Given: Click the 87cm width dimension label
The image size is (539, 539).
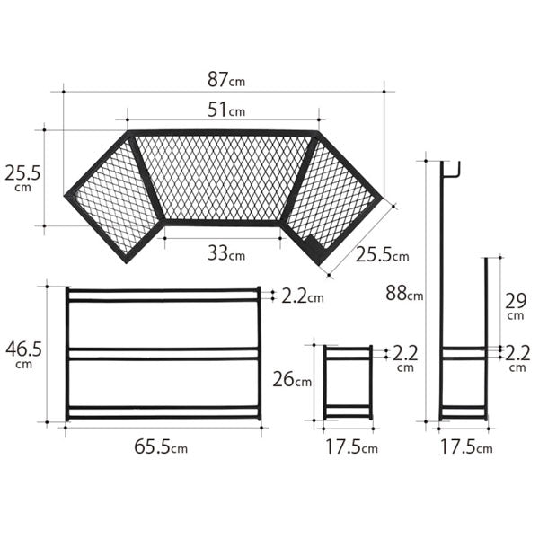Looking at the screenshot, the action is point(226,80).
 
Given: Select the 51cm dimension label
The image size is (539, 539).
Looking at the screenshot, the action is point(226,110).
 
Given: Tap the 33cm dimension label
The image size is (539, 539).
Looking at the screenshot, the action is point(226,254).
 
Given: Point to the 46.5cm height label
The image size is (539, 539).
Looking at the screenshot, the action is point(23,355).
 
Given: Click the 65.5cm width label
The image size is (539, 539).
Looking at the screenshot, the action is point(161,446).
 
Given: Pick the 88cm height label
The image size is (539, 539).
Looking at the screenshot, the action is point(404,294).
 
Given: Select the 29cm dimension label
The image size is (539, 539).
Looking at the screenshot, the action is point(516,306).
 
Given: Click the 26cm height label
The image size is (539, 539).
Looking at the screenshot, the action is point(292,380).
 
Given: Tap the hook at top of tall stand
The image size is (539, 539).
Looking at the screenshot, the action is point(451,170).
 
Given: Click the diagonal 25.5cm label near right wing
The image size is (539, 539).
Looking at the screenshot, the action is point(383,255).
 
